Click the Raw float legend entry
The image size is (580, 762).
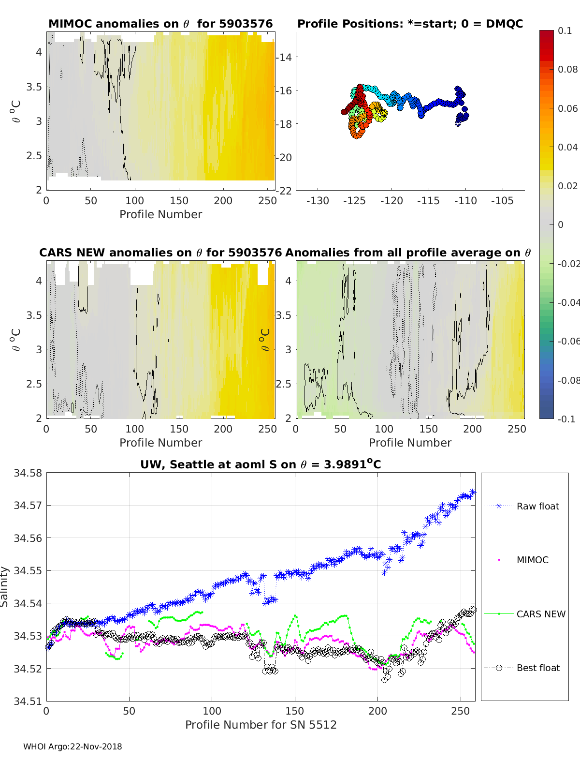click(x=537, y=507)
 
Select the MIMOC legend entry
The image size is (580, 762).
click(x=532, y=560)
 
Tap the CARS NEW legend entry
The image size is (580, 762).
click(x=540, y=614)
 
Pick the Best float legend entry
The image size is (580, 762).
click(x=537, y=668)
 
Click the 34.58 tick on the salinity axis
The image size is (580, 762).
click(x=28, y=473)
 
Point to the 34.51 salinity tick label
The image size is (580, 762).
click(x=28, y=702)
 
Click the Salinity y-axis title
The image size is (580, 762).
click(x=5, y=586)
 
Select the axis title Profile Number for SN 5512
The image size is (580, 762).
click(x=261, y=725)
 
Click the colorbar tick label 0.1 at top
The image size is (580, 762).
click(x=565, y=31)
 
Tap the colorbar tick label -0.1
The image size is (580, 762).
click(x=566, y=419)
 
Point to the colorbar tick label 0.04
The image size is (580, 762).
click(x=567, y=147)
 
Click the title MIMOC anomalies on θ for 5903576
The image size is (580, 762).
click(x=160, y=24)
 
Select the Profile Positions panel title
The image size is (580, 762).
click(x=410, y=24)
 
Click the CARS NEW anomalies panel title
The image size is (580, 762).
click(x=160, y=253)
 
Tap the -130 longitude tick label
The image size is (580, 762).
click(x=318, y=201)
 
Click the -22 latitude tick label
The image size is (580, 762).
click(x=284, y=191)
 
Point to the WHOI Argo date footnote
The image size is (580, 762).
click(x=72, y=747)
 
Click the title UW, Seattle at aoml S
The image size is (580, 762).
click(x=261, y=465)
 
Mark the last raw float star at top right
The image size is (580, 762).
click(x=473, y=493)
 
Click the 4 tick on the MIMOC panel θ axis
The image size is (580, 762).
click(x=39, y=52)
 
